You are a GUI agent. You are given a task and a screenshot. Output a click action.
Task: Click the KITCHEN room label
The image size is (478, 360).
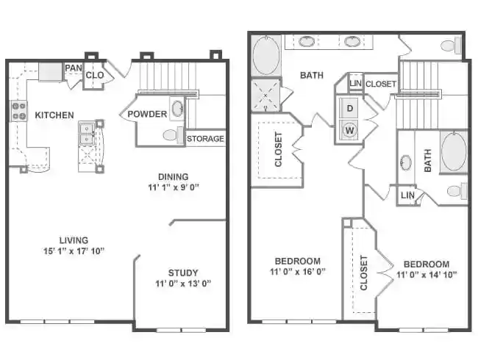[x=54, y=115]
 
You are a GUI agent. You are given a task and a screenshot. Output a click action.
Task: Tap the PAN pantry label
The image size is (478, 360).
[x=73, y=68]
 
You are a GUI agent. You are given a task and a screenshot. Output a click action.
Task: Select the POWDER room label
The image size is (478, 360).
[x=147, y=114]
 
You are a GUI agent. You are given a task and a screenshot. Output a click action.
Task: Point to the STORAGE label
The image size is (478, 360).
[x=205, y=139]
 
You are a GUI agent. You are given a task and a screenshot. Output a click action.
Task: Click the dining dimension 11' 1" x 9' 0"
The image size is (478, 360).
[x=173, y=187]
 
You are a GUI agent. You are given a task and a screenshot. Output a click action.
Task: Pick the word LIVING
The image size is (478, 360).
[x=74, y=240]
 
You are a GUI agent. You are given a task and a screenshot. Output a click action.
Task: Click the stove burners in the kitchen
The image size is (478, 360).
[x=18, y=112]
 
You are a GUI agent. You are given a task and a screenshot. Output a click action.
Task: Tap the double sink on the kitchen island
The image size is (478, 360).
[x=87, y=133]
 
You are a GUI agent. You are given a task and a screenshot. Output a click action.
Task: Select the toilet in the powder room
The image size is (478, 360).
[x=171, y=135]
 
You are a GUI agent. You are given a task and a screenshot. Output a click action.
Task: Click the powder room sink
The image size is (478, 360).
[x=177, y=110]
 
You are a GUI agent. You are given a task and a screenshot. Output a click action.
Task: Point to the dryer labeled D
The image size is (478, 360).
[x=349, y=109]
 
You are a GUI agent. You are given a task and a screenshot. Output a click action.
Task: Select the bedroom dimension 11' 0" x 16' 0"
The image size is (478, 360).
[x=298, y=271]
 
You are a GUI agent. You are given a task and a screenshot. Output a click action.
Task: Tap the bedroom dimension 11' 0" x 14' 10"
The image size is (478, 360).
[x=426, y=275]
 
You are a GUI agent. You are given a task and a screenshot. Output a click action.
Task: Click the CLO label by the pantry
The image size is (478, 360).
[x=95, y=75]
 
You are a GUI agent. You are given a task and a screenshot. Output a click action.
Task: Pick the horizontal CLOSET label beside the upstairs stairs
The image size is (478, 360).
[x=380, y=84]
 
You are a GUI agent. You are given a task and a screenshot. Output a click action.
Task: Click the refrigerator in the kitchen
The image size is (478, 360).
[x=51, y=72]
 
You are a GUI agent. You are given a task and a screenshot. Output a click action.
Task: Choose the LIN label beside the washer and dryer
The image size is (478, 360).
[x=355, y=84]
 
